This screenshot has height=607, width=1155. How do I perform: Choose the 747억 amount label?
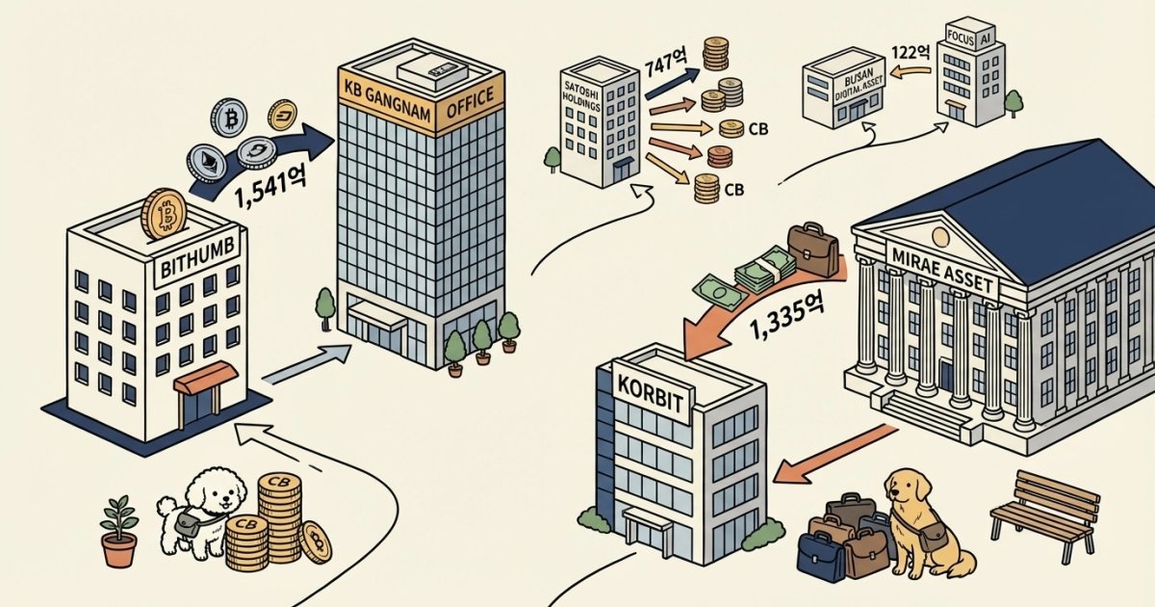pos(664,69)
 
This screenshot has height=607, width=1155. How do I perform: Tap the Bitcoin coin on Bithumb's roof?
pos(163,213)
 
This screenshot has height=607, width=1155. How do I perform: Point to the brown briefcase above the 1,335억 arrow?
pos(813,248)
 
